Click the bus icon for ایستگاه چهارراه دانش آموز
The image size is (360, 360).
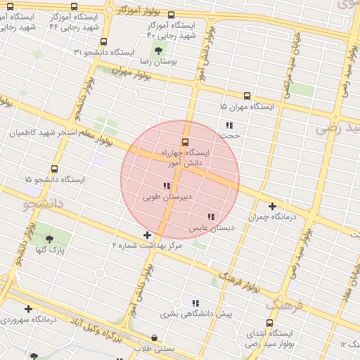(186, 142)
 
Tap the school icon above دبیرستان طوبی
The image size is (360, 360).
(166, 186)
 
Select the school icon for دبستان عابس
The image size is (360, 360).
(210, 217)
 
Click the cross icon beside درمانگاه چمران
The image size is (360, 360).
(272, 206)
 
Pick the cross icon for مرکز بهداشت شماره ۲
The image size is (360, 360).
(146, 234)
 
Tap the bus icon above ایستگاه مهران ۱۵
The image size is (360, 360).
(246, 96)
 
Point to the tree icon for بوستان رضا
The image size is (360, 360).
(157, 50)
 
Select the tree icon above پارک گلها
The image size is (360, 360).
(49, 238)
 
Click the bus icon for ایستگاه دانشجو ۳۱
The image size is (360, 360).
(104, 42)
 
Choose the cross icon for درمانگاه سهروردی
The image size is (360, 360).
(28, 309)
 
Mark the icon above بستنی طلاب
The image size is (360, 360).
(154, 338)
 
